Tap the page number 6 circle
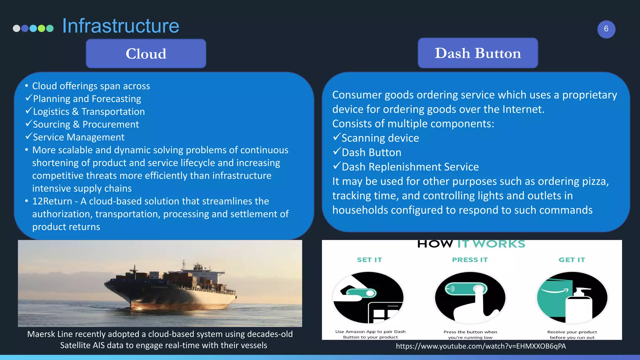click(606, 29)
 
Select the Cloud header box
click(146, 53)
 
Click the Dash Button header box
click(477, 53)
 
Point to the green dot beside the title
click(42, 28)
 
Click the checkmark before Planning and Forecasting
click(29, 98)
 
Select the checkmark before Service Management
click(29, 137)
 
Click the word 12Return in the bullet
click(52, 201)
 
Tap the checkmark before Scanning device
click(337, 137)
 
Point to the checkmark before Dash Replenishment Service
click(337, 166)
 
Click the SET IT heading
click(369, 260)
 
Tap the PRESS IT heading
click(470, 260)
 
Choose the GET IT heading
click(572, 260)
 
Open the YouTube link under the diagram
click(481, 346)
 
